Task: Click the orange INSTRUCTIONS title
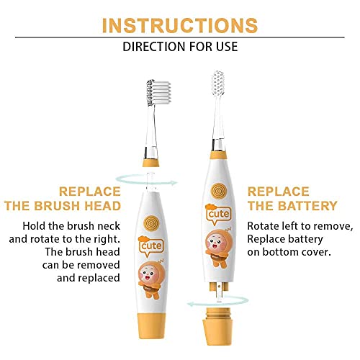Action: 179,24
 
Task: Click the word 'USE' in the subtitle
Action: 224,48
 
